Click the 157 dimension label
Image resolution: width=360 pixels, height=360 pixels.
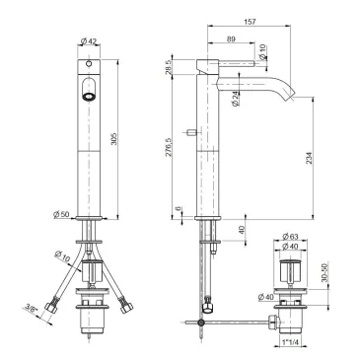(x=251, y=22)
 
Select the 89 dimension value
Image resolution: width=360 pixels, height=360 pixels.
(x=231, y=38)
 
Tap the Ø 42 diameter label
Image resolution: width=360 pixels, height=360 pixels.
(x=88, y=41)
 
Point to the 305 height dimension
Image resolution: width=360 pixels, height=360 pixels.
(x=113, y=139)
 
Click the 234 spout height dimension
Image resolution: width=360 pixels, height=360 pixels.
(x=310, y=158)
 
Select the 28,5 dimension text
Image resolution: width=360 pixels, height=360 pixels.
(x=168, y=67)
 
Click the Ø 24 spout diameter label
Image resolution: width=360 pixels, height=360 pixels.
(x=236, y=99)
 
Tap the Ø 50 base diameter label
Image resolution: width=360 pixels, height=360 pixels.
(x=61, y=214)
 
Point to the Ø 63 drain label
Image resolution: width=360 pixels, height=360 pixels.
(x=290, y=236)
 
